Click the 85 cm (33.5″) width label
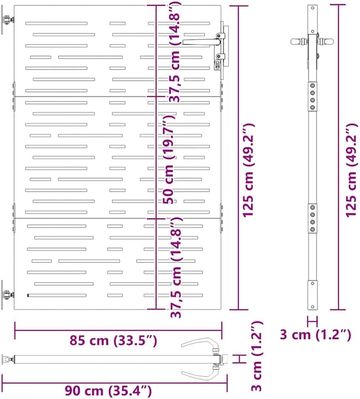point(113,340)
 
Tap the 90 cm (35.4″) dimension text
point(108,390)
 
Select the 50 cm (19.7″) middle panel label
point(169,159)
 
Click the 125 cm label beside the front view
point(248,170)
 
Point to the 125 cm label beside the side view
point(351,170)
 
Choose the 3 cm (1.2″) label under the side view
point(315,334)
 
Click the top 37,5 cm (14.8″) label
point(175,51)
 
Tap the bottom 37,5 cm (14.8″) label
point(175,267)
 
